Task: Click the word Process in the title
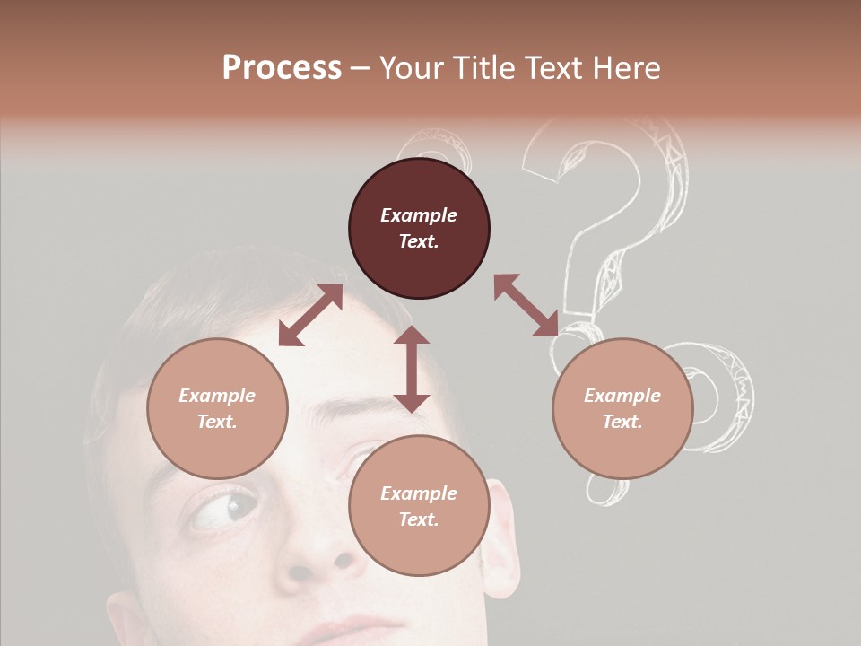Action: (282, 67)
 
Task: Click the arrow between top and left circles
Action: (310, 315)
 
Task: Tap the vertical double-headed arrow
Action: (412, 369)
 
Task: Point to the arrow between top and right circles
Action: (526, 305)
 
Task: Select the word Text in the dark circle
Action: (418, 241)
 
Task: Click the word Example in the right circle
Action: (622, 396)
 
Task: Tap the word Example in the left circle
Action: (217, 396)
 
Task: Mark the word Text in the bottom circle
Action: (419, 519)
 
